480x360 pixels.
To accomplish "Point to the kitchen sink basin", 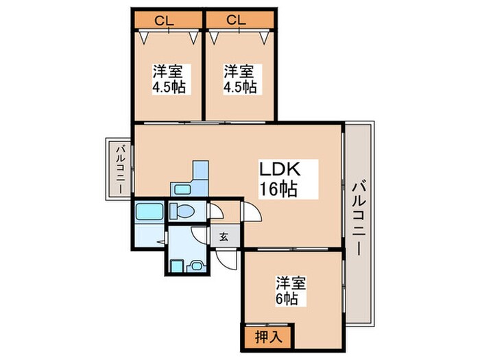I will tap(182, 189).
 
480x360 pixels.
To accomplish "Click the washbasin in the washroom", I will tap(196, 264).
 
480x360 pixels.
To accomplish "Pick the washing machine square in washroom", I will tap(176, 264).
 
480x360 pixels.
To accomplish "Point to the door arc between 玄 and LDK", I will tap(252, 212).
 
